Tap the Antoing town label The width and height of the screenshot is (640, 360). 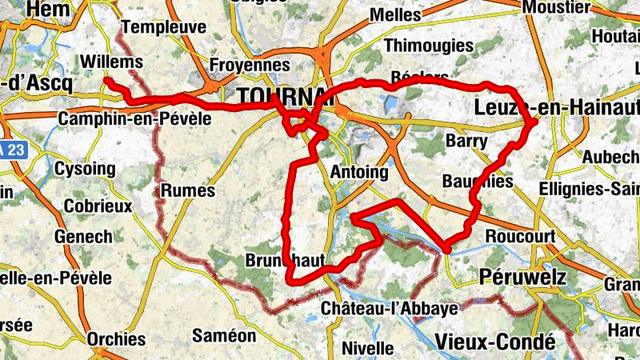coord(358,172)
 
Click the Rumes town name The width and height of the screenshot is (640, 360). coord(188,190)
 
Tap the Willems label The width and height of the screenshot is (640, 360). coord(112,62)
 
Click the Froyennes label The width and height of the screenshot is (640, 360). coord(249,64)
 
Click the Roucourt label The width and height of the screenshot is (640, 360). coord(520,236)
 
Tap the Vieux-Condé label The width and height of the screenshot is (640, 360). coord(495,342)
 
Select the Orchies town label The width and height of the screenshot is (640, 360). coord(116,338)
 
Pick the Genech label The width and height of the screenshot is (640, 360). coord(83,237)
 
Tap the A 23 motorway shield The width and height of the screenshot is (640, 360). coord(10,150)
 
